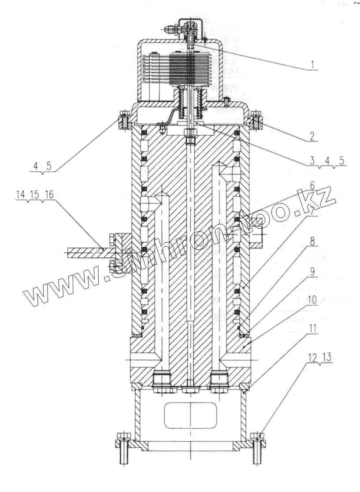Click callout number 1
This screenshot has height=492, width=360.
click(x=312, y=65)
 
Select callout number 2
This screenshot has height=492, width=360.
click(x=312, y=136)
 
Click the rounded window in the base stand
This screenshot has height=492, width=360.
click(x=190, y=414)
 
